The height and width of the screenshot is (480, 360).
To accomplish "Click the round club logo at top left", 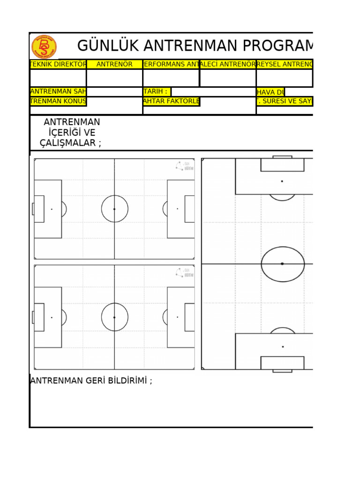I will click(x=44, y=47).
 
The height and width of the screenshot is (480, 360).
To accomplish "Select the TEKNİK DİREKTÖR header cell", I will click(x=58, y=64).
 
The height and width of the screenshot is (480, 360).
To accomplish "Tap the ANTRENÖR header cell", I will click(x=114, y=64).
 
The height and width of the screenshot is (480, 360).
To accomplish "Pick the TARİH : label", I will click(x=157, y=91).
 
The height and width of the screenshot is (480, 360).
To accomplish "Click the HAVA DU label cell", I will click(x=270, y=92).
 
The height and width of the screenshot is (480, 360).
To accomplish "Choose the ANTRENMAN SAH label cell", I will click(x=58, y=91).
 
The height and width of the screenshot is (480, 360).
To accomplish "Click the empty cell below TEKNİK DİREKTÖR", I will click(x=58, y=78).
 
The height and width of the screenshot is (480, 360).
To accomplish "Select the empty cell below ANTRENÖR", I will click(x=114, y=78).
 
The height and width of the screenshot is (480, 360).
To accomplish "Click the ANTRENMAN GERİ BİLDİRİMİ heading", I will click(x=91, y=381).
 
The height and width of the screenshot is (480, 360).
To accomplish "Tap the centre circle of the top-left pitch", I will click(x=114, y=209).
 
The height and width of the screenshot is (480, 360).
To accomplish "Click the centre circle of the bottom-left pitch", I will click(x=114, y=317).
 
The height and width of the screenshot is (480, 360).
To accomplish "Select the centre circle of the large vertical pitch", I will click(x=282, y=264).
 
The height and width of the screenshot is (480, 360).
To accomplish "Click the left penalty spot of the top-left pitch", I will click(x=52, y=209).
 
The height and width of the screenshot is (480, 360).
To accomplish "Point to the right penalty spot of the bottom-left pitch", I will click(x=177, y=317).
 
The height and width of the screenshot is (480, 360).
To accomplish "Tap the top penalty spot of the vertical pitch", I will click(x=282, y=181).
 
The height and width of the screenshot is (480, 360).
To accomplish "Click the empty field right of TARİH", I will click(x=213, y=91).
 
